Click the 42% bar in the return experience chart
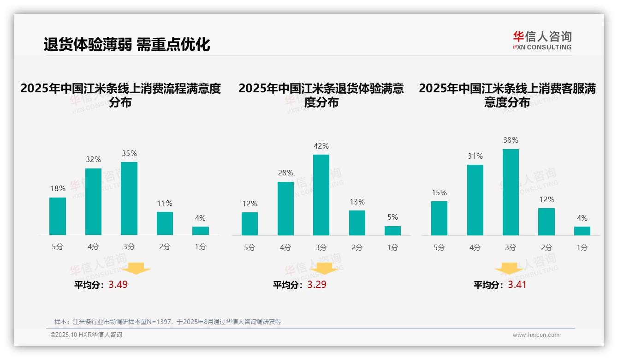pos(321,195)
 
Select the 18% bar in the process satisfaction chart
pos(58,216)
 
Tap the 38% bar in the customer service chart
pos(511,192)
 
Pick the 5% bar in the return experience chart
pos(392,230)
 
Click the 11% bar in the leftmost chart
pos(165,223)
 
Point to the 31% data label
pos(475,156)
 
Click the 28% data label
pos(285,173)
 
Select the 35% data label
pos(129,153)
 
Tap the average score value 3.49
pos(118,285)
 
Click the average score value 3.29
pos(317,285)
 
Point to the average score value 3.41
pos(517,285)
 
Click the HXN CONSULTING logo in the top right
pos(542,41)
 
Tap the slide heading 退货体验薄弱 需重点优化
pos(127,44)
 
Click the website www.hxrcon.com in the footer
pos(535,335)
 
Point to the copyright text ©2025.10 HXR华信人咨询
pos(86,335)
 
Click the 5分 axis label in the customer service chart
pos(439,247)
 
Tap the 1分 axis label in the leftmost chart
pos(200,247)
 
